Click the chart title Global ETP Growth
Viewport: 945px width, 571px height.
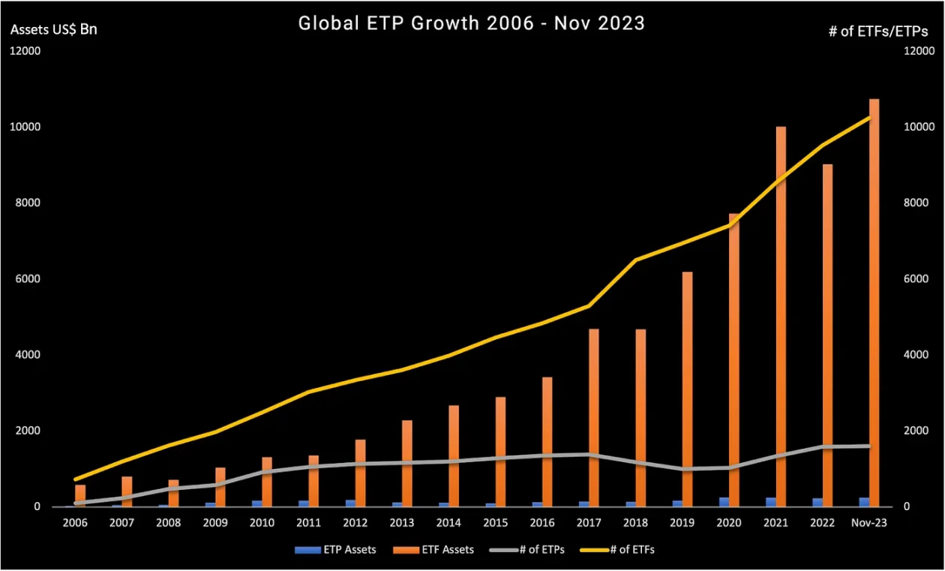[471, 23]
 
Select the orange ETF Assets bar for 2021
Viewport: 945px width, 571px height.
[781, 315]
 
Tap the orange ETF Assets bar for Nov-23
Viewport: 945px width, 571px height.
[874, 300]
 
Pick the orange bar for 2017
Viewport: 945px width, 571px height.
[593, 416]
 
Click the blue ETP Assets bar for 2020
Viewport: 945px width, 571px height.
[724, 502]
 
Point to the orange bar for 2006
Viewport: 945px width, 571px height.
[80, 495]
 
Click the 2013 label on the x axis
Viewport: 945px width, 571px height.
[402, 523]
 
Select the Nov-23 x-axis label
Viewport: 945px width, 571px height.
[869, 523]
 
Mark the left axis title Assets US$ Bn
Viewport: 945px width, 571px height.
[53, 30]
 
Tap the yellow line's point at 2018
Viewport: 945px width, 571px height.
[635, 260]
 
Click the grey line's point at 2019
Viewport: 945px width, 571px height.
[682, 469]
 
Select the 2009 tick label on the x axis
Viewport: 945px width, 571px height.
[215, 523]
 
